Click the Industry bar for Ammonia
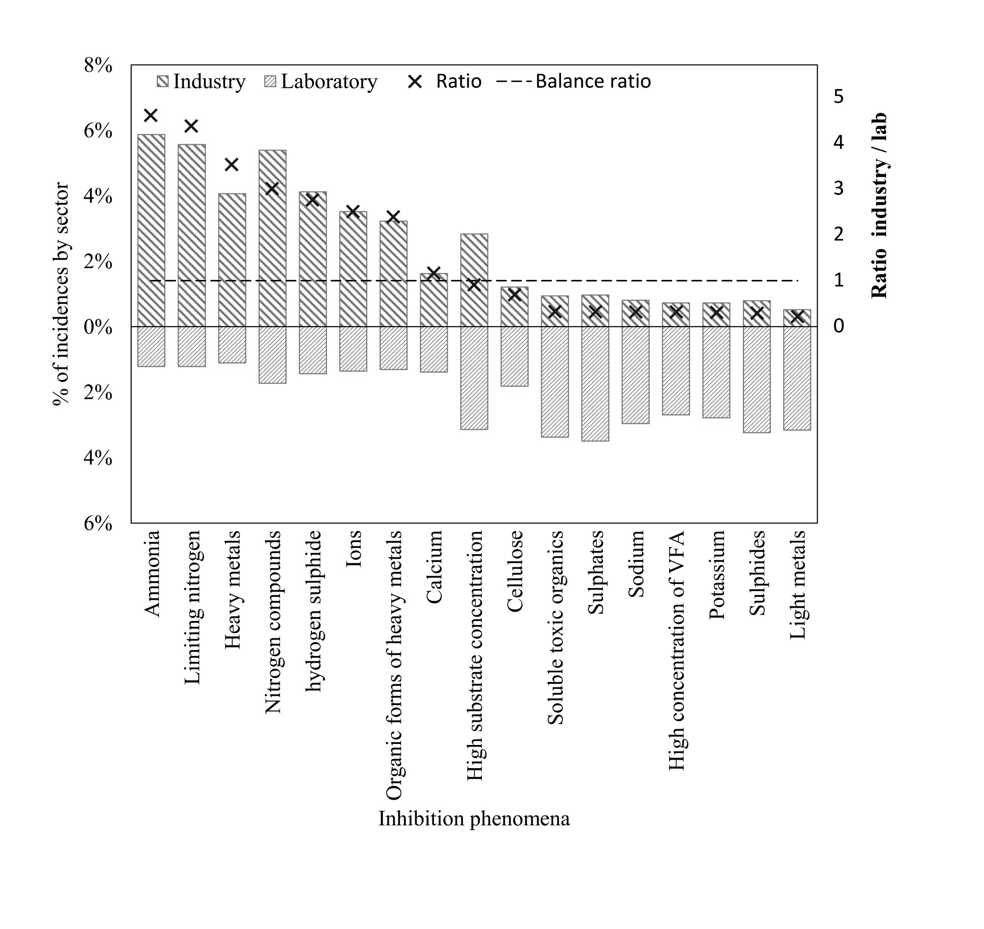click(151, 230)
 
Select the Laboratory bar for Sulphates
click(595, 384)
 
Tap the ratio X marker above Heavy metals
click(232, 164)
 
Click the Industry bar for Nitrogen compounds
click(273, 238)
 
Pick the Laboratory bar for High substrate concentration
click(474, 378)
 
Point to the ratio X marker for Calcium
click(434, 273)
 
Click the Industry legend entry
click(201, 82)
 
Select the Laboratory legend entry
click(321, 82)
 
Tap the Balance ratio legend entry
click(574, 82)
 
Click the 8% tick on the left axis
click(98, 65)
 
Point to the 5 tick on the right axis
click(838, 96)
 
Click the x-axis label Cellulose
click(515, 571)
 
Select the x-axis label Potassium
click(716, 575)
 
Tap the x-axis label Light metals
click(798, 585)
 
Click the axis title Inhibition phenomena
click(474, 819)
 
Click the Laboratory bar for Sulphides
click(757, 380)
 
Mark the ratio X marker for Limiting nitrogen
click(191, 126)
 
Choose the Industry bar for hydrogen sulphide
click(313, 259)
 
